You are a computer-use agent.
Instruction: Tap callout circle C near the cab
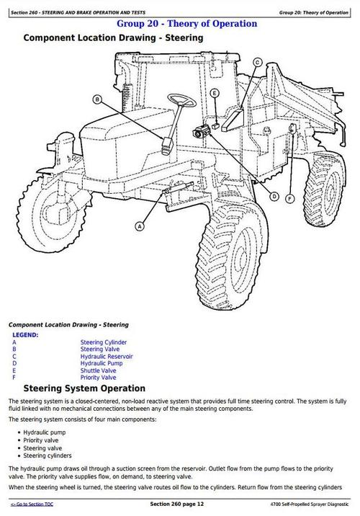pyautogui.click(x=257, y=63)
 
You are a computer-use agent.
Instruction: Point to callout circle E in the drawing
pyautogui.click(x=214, y=92)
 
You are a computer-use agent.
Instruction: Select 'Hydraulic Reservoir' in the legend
pyautogui.click(x=107, y=357)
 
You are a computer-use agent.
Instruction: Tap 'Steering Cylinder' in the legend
pyautogui.click(x=104, y=342)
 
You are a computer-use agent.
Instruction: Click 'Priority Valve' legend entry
pyautogui.click(x=99, y=377)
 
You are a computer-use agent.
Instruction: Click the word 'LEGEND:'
pyautogui.click(x=25, y=335)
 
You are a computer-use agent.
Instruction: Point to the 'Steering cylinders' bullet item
pyautogui.click(x=48, y=455)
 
